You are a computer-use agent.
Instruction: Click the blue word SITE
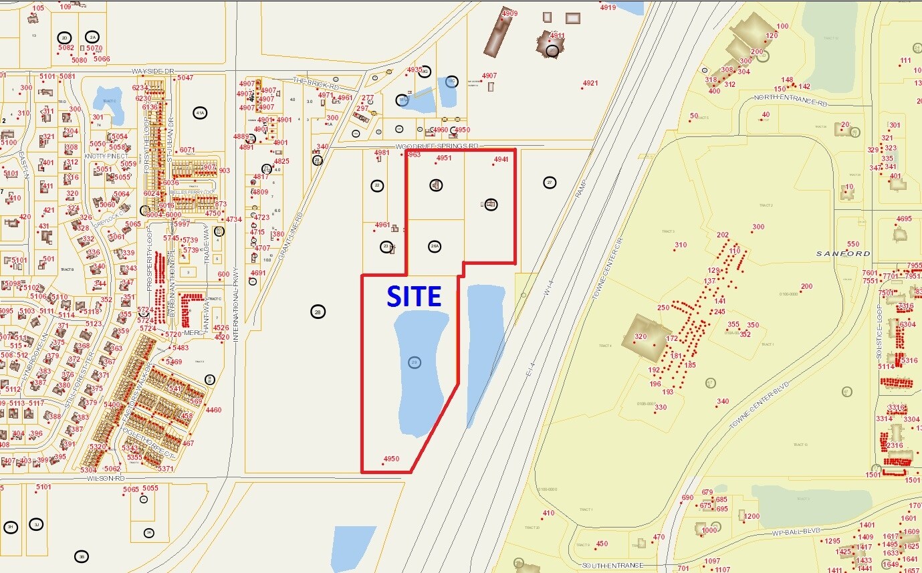[415, 296]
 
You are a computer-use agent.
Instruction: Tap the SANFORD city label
[844, 254]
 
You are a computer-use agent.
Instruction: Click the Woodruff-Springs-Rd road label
[437, 146]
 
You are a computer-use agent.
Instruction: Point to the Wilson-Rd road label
[110, 478]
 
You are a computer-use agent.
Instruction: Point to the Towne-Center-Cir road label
[608, 270]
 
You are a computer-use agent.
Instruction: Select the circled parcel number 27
[550, 182]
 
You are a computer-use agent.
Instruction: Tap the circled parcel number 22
[377, 185]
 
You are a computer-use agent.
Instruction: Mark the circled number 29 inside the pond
[415, 362]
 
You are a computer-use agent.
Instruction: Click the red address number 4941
[501, 159]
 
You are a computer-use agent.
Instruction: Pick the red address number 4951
[444, 158]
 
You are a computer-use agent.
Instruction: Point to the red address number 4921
[590, 84]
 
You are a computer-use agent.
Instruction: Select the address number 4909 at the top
[509, 13]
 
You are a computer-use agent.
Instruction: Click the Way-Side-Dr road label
[152, 71]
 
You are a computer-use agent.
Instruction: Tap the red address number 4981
[382, 153]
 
